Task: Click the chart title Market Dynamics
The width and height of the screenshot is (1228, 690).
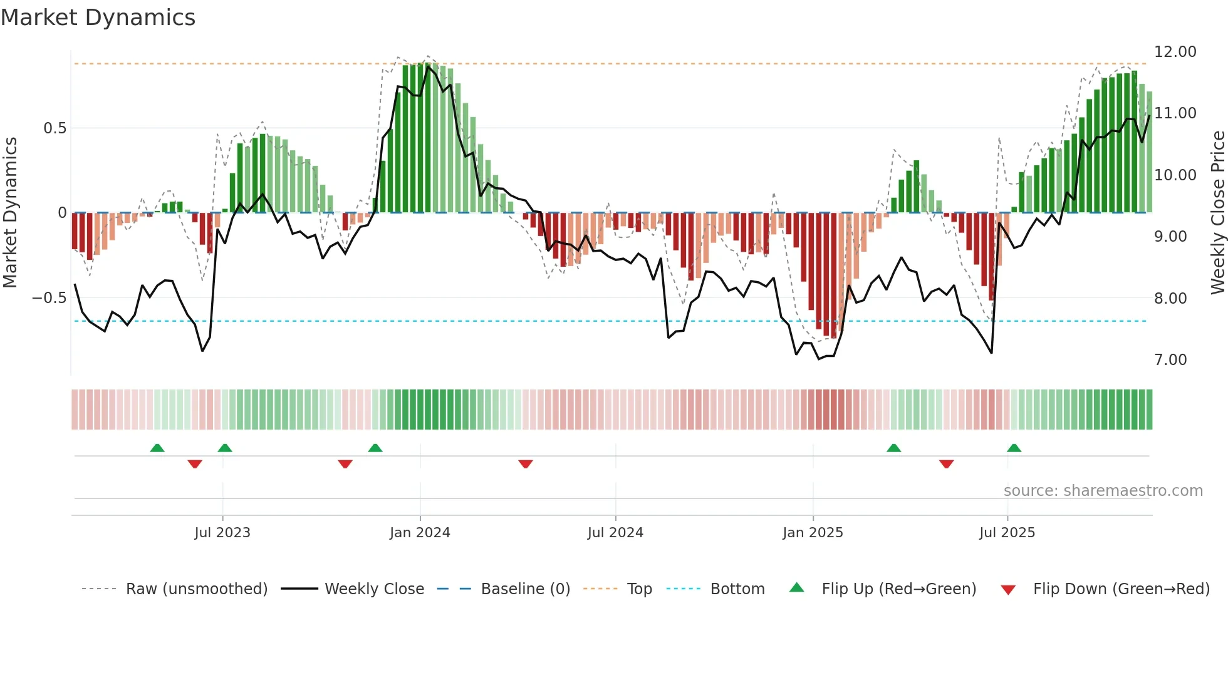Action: pos(98,18)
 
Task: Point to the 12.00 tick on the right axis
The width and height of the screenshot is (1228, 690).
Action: pos(1175,52)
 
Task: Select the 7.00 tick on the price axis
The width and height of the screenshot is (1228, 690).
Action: pos(1170,360)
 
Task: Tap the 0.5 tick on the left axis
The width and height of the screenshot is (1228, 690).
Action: pos(55,128)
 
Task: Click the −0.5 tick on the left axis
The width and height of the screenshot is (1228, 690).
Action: pos(49,298)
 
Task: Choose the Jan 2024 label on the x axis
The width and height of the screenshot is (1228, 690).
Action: pos(419,533)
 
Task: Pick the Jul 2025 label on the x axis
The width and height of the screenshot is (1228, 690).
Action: pos(1007,533)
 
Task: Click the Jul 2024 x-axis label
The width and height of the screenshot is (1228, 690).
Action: pos(615,533)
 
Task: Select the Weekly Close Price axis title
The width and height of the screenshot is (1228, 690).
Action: pos(1217,212)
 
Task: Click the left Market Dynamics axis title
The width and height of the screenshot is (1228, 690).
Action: pos(10,212)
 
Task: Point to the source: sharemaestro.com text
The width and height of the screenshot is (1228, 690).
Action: pos(1103,491)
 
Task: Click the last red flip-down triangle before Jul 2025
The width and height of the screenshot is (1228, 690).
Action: pos(946,464)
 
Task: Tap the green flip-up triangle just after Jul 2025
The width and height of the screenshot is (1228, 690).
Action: pos(1014,448)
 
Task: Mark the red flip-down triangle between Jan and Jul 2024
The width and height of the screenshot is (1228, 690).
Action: pos(525,464)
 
